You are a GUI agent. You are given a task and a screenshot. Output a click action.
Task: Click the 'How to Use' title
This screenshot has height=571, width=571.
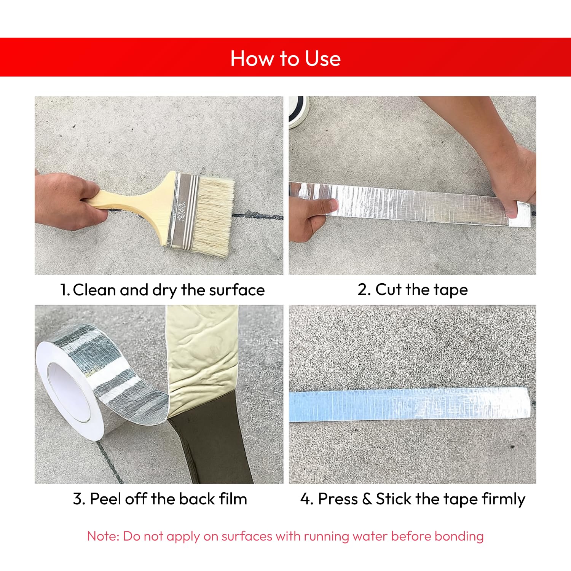coord(285,59)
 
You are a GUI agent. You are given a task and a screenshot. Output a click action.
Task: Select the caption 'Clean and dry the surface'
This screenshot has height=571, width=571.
coord(168,290)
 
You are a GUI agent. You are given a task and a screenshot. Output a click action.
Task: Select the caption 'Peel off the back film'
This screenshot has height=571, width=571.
coord(160,499)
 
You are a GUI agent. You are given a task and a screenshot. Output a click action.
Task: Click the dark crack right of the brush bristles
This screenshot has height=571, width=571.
coord(259,217)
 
